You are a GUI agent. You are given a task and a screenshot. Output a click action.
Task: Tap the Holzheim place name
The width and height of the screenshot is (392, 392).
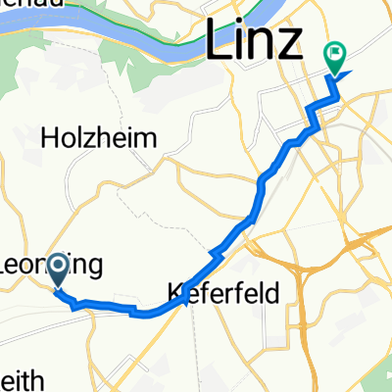tap(99, 139)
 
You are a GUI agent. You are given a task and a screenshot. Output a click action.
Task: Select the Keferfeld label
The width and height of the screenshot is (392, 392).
tap(223, 292)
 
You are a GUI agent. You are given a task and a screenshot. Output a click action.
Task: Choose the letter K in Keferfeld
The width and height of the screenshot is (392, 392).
tap(176, 292)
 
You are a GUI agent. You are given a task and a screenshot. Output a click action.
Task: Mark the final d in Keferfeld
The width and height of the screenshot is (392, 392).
tap(272, 292)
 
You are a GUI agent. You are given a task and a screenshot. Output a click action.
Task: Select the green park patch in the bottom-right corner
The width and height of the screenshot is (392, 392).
tap(377, 377)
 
